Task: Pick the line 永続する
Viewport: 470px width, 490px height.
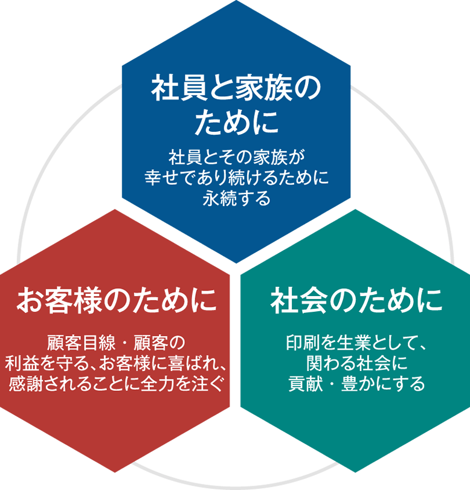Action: coord(236,198)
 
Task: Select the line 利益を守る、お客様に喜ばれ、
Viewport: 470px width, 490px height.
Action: coord(117,363)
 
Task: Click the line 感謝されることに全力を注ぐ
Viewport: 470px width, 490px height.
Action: coord(117,384)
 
